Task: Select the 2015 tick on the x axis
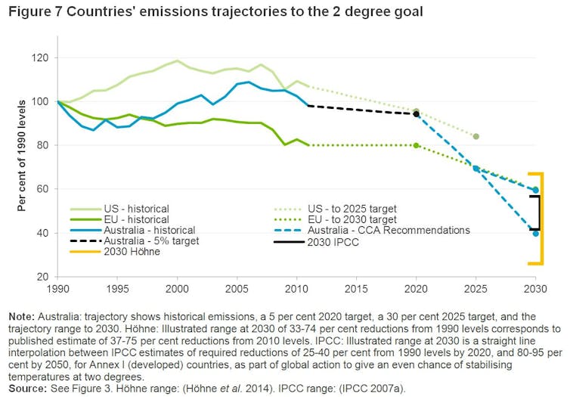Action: (356, 289)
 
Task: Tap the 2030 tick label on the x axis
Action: (535, 289)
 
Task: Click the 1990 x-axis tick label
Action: (57, 289)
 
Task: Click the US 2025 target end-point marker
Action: (476, 136)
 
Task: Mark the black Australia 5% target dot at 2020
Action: (416, 114)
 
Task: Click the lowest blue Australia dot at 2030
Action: (535, 233)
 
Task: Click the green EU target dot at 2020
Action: (416, 145)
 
